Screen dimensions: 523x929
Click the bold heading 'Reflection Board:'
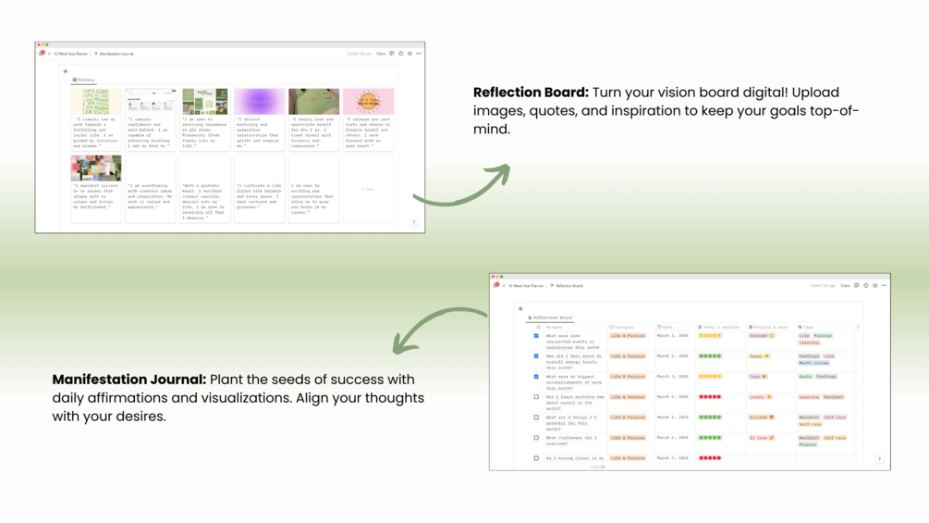531,93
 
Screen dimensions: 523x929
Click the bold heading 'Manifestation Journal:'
129,380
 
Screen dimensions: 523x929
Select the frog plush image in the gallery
313,101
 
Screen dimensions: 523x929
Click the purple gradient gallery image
259,101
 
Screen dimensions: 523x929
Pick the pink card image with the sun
368,101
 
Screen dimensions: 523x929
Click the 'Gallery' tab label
84,81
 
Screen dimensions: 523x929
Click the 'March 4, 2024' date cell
673,397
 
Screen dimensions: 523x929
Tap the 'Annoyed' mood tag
762,336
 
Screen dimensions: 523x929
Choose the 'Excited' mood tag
761,417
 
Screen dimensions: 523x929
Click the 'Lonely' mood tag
760,397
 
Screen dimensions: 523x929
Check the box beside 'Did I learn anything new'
536,397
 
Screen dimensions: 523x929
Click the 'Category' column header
625,327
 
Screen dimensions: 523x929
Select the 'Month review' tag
813,363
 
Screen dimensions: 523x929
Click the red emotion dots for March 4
710,397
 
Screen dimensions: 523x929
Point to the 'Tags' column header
807,327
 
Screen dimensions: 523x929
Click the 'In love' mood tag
761,438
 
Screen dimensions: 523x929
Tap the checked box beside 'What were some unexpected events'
536,336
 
